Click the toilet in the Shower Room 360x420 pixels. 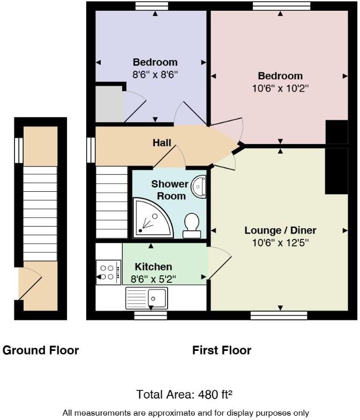pos(192,225)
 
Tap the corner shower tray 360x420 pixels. pos(152,218)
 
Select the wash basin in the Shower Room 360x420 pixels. pos(200,185)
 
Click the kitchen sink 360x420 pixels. pos(147,296)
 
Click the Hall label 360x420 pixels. pos(162,142)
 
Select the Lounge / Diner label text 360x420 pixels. pos(280,230)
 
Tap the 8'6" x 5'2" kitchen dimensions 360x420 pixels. pos(153,279)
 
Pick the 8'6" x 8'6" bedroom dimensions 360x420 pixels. pos(155,74)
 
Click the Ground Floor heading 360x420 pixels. pos(41,351)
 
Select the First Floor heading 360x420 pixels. pos(221,351)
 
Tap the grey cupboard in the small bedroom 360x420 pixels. pos(109,103)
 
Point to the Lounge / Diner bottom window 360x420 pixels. pos(279,316)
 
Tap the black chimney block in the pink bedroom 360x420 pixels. pos(336,132)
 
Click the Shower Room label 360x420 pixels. pos(169,190)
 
